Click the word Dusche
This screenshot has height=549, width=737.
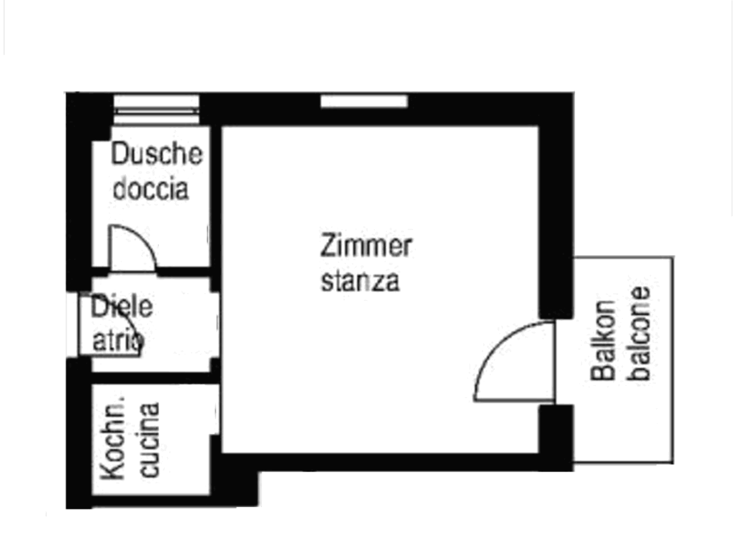tap(157, 154)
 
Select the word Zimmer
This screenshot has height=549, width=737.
tap(366, 246)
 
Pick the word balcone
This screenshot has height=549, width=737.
tap(639, 334)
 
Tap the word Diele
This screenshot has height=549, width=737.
tap(122, 307)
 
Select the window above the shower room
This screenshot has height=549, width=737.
tap(157, 110)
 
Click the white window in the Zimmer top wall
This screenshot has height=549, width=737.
tap(364, 102)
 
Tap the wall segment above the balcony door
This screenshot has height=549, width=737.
tap(556, 206)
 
